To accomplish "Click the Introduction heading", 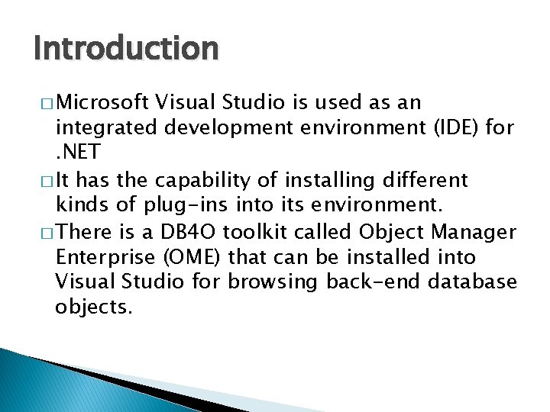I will pyautogui.click(x=126, y=48).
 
